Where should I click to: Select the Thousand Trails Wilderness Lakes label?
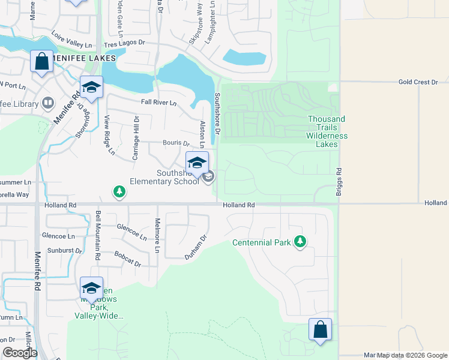click(327, 131)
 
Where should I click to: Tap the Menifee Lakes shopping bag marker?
click(41, 62)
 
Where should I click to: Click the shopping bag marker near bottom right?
click(320, 329)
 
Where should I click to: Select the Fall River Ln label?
click(158, 103)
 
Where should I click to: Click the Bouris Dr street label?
click(176, 143)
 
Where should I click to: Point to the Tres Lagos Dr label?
click(124, 44)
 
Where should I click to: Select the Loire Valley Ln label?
click(72, 40)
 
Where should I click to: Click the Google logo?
click(19, 353)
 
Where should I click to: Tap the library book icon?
click(47, 103)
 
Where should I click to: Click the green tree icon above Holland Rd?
click(119, 191)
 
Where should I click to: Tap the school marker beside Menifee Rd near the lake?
click(91, 88)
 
